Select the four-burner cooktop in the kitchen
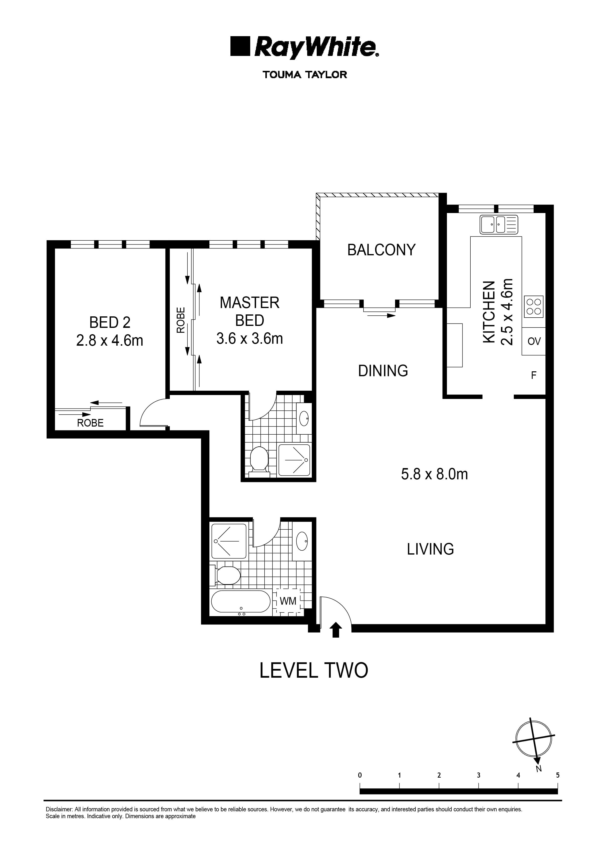(x=534, y=306)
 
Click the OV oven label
(x=534, y=341)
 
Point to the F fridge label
(x=534, y=375)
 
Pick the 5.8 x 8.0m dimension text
(x=434, y=474)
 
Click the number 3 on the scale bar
(x=478, y=775)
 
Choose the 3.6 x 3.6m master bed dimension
(x=249, y=339)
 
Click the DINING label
(x=383, y=371)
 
